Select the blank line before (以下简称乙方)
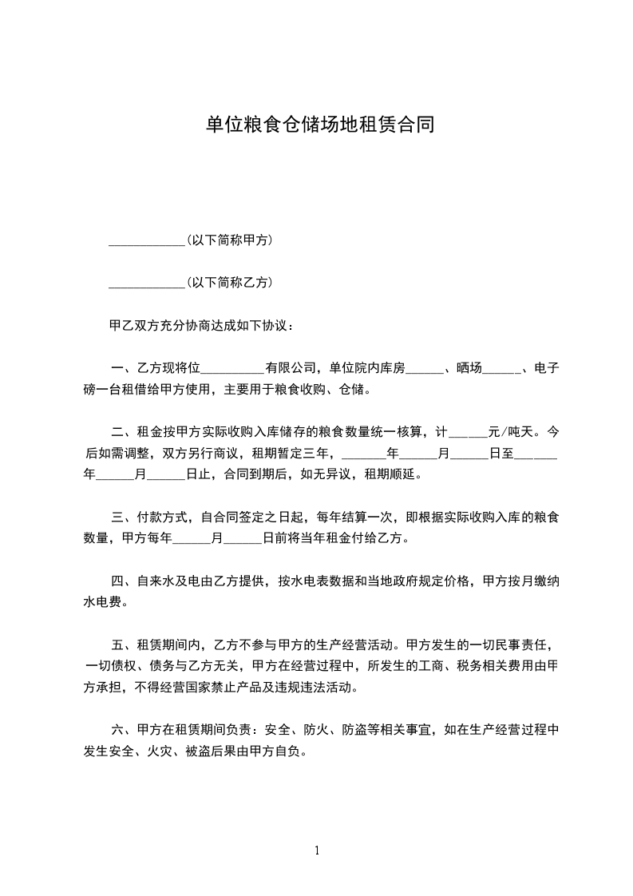[146, 283]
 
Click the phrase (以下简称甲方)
[230, 240]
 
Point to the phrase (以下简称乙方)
[230, 282]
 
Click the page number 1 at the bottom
[317, 850]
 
